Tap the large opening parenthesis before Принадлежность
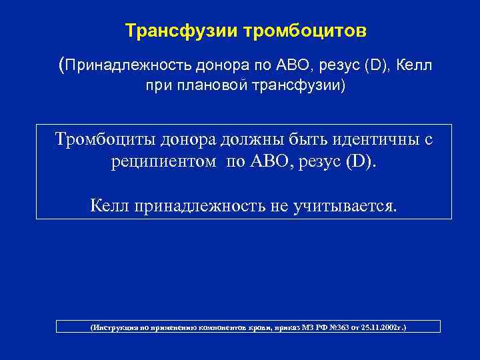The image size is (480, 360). point(63,65)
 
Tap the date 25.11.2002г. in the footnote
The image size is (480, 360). point(379,329)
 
